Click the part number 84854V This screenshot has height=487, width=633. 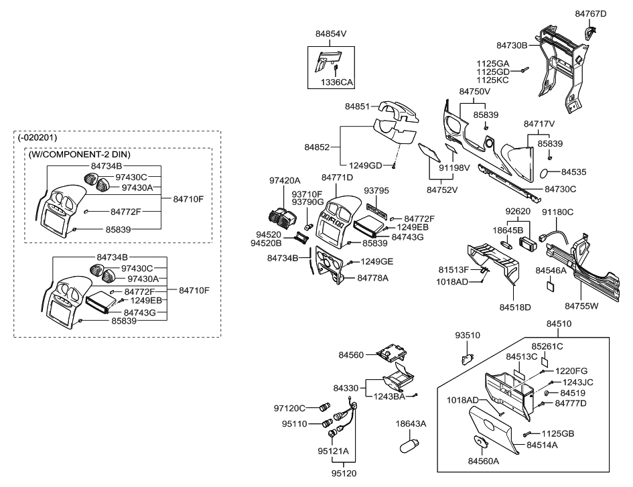point(332,33)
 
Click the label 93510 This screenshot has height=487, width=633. point(468,335)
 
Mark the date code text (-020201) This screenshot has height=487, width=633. point(39,137)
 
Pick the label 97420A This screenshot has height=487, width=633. point(285,181)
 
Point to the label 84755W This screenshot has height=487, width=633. point(581,306)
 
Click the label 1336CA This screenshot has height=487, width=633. point(336,82)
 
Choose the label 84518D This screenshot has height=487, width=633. point(514,307)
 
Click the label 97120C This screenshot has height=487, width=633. point(289,408)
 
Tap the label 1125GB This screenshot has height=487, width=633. point(559,433)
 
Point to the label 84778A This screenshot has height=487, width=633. point(374,278)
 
